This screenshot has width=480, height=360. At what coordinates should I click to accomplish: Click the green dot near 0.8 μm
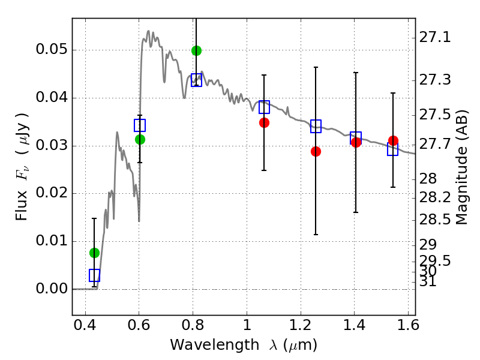click(197, 50)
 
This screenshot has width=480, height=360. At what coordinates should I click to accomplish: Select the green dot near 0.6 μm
click(140, 139)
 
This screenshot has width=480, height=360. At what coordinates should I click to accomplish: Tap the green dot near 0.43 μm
click(95, 253)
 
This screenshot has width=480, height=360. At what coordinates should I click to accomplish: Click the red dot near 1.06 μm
click(264, 123)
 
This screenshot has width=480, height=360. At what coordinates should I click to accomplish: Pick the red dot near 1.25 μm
click(316, 151)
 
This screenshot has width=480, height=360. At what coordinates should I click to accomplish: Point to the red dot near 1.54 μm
click(393, 140)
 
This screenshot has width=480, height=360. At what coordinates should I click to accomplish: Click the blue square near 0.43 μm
click(95, 275)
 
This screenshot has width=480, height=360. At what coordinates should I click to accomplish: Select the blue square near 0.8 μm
click(197, 80)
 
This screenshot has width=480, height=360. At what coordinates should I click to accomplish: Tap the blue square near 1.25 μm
click(316, 126)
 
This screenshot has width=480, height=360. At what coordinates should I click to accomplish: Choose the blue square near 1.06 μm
click(264, 107)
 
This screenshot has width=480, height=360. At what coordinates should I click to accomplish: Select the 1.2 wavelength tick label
click(301, 325)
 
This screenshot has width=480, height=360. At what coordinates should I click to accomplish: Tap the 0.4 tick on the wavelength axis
click(85, 325)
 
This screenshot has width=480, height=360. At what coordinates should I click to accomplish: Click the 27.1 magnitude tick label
click(434, 37)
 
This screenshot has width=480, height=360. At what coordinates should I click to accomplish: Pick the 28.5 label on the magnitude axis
click(434, 220)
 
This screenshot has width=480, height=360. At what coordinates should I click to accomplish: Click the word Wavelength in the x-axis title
click(215, 344)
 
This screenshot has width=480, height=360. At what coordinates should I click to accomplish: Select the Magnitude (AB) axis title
click(461, 167)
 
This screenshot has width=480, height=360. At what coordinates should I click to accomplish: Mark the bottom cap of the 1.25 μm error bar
click(316, 235)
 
